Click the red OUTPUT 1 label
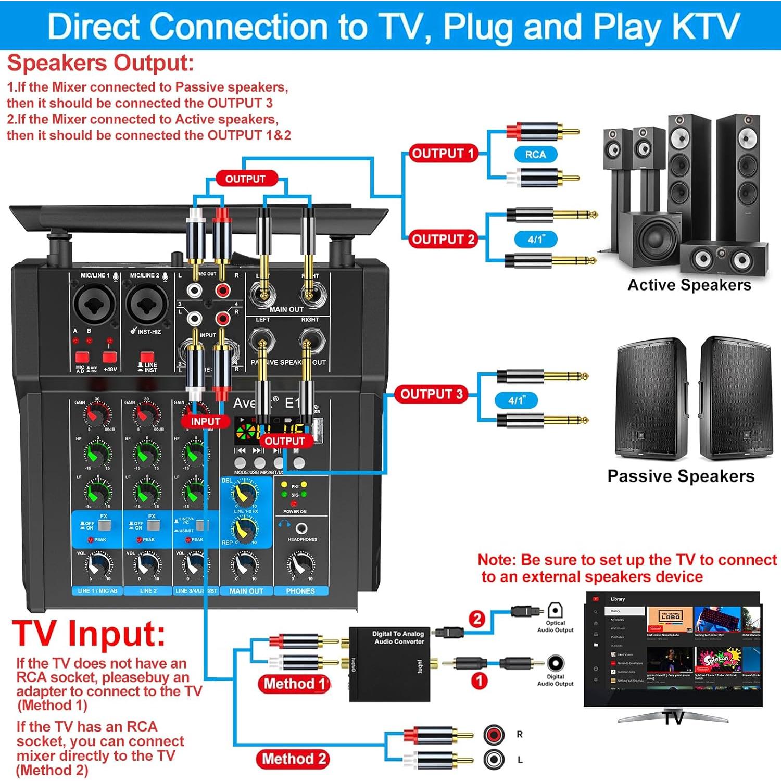coord(442,154)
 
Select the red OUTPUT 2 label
coord(442,240)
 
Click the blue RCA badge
coord(535,155)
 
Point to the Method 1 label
coord(294,684)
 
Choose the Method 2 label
coord(293,759)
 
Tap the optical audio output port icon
coord(556,610)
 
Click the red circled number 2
coord(477,619)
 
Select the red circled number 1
coord(478,681)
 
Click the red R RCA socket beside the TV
coord(494,735)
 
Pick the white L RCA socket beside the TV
coord(494,760)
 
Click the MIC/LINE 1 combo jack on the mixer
coord(95,304)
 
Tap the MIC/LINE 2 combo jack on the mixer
coord(148,304)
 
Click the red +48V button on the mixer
coord(109,357)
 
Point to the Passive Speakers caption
coord(681,476)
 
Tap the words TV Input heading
coord(89,634)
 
